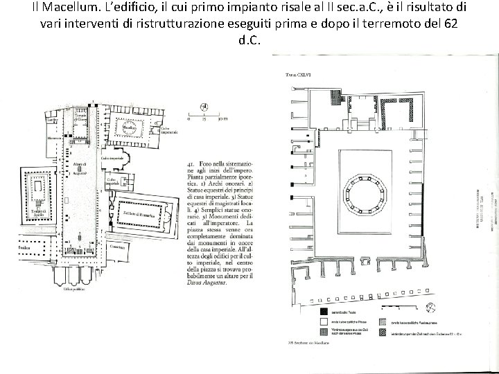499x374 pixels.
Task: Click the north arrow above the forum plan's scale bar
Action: click(x=203, y=107)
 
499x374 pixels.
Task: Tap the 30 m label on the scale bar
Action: click(x=222, y=119)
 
